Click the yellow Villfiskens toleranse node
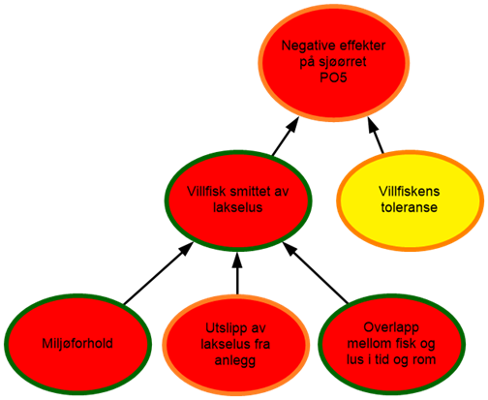pos(410,200)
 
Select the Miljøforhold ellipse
pos(77,344)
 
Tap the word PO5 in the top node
pos(333,77)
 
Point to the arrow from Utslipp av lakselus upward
pos(237,273)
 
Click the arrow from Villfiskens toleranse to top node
pos(376,136)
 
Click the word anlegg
pos(235,360)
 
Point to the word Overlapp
pos(391,327)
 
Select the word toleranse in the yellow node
pos(410,207)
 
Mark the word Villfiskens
pos(410,191)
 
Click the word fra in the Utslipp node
pos(261,344)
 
